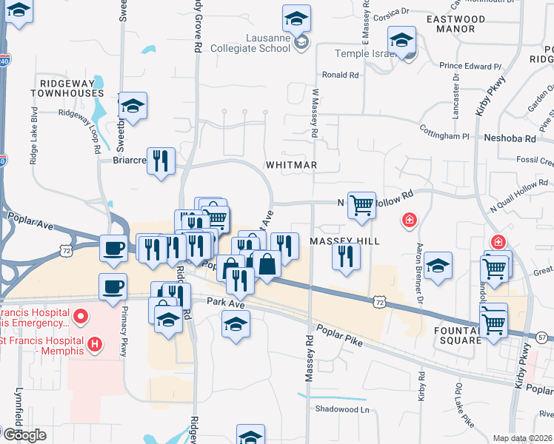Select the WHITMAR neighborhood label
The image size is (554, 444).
(291, 165)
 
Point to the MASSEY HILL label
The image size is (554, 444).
(344, 241)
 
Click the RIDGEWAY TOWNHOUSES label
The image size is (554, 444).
(67, 88)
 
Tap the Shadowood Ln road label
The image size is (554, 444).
(341, 409)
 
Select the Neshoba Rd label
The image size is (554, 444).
(509, 138)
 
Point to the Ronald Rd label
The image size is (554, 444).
(340, 75)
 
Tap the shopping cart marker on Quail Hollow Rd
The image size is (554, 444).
(361, 205)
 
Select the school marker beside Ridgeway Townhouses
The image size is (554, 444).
(133, 107)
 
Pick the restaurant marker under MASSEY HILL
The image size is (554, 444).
(346, 257)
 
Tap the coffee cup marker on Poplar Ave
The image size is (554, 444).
(113, 248)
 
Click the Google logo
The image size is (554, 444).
(24, 435)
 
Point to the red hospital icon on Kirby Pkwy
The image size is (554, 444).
(498, 242)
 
